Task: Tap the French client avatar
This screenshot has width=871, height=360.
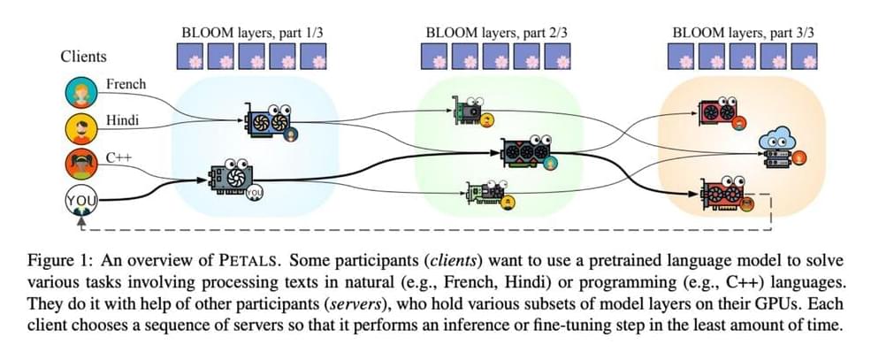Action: coord(80,93)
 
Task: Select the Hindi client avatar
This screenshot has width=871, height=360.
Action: coord(80,129)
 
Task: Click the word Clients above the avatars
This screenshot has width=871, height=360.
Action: coord(83,57)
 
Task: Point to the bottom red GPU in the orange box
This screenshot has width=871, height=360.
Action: coord(723,192)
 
